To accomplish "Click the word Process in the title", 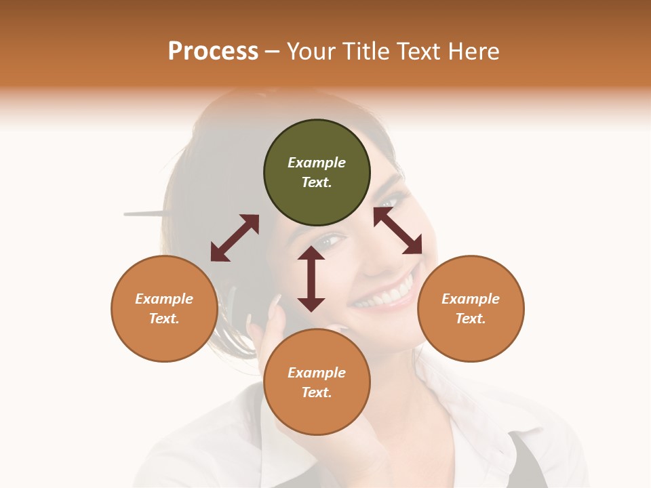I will (x=213, y=52).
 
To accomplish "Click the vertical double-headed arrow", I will (x=311, y=279).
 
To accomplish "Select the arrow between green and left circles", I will (x=235, y=238).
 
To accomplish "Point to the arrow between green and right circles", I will (x=397, y=230).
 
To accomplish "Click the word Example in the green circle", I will (x=317, y=163).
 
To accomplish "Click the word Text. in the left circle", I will (x=164, y=319).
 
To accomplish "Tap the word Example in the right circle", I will (x=471, y=299).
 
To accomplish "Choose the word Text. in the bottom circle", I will (x=317, y=392).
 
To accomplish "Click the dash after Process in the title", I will (x=272, y=52).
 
